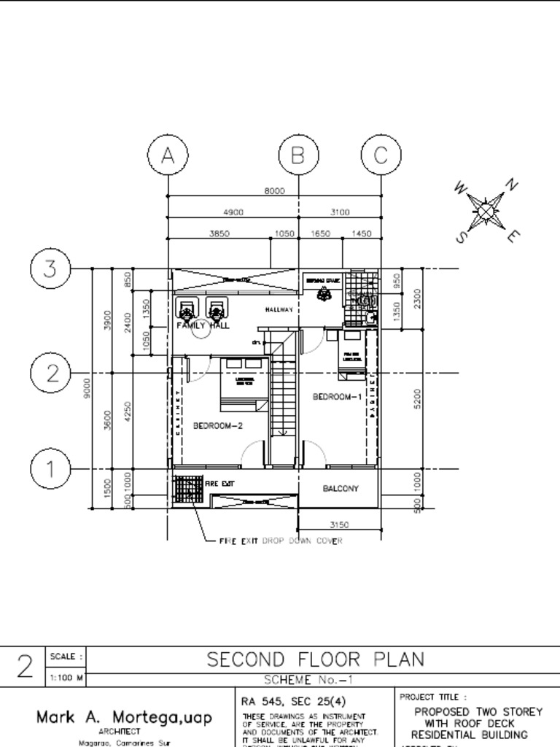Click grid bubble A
click(168, 155)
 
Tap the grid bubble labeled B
click(297, 155)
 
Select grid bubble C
click(381, 155)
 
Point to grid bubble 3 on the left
click(50, 268)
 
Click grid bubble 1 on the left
click(50, 469)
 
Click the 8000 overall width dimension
click(274, 191)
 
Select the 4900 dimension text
click(233, 212)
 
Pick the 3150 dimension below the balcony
click(339, 525)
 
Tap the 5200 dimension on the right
click(418, 398)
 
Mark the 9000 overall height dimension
click(87, 386)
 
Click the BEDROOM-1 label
click(337, 397)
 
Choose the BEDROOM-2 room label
click(217, 425)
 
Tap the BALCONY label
click(341, 489)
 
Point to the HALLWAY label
click(279, 310)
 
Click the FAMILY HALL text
click(203, 326)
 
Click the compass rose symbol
click(487, 212)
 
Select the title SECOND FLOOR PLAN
click(315, 659)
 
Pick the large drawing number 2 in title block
click(25, 667)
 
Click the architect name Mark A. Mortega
click(124, 718)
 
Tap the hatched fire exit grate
click(189, 488)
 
